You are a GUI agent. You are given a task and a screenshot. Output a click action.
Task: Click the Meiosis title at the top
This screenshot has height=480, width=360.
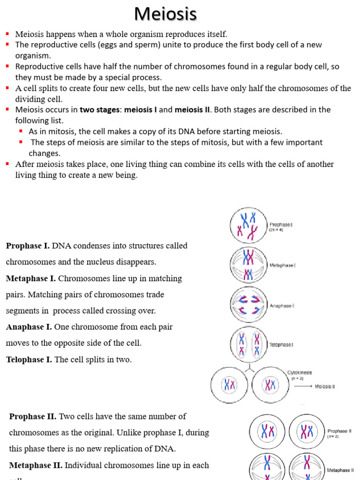165,14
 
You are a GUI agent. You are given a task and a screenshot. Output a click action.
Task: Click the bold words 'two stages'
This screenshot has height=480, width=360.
99,110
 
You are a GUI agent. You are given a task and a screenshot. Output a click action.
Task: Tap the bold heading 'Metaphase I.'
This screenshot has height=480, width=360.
31,278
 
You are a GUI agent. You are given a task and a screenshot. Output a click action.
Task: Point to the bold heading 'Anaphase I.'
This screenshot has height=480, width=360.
29,327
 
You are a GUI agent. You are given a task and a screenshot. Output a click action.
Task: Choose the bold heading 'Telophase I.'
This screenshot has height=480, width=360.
29,360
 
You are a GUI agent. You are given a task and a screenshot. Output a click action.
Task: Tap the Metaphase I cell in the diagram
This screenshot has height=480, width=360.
248,265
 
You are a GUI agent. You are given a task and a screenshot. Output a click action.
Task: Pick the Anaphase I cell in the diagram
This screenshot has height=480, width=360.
248,305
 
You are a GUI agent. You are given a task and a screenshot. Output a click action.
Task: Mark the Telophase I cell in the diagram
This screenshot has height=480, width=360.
248,345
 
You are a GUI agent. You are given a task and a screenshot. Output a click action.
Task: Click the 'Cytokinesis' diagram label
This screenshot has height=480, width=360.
300,373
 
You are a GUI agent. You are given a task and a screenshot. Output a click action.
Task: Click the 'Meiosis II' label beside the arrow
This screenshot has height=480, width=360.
324,387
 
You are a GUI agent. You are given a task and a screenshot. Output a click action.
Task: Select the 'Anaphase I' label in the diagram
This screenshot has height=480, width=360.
282,306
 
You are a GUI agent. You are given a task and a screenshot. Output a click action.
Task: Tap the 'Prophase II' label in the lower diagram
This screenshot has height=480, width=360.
339,430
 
